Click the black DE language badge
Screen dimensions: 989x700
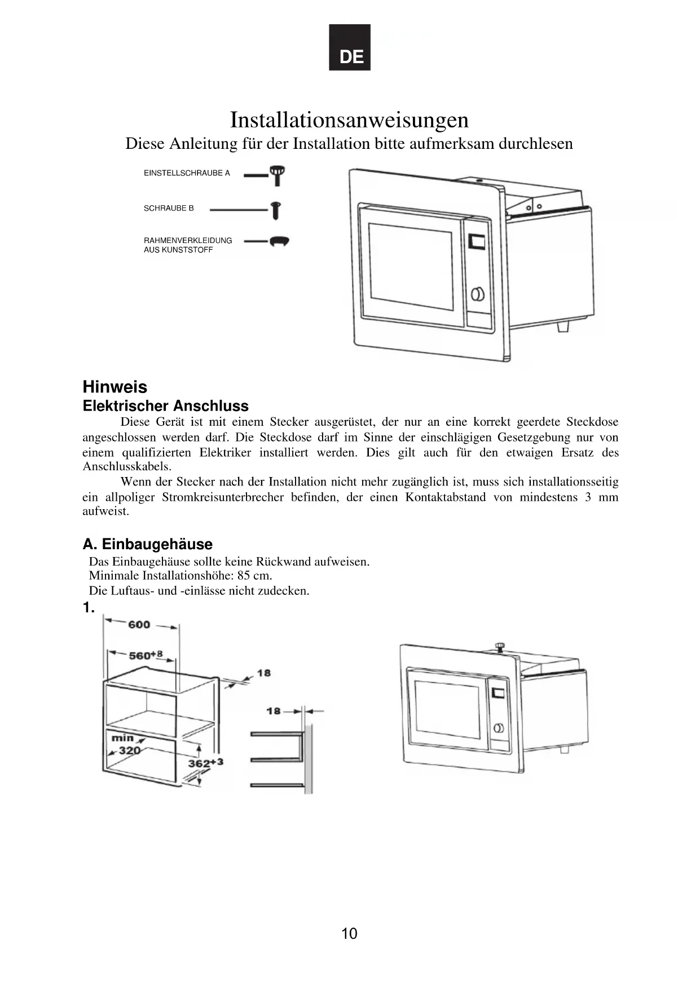click(350, 47)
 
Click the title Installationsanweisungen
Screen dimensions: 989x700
click(349, 120)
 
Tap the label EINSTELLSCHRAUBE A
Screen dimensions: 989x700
click(187, 173)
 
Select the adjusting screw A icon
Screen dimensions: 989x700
click(277, 174)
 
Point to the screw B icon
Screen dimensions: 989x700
click(275, 210)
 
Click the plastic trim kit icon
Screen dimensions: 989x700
click(279, 241)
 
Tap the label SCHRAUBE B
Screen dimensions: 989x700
click(169, 208)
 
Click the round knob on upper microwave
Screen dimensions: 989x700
click(478, 294)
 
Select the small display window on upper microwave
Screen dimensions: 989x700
click(477, 241)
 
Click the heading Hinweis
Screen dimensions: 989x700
click(115, 387)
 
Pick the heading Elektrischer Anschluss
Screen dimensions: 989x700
click(165, 406)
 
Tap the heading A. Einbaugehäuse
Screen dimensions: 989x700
click(147, 544)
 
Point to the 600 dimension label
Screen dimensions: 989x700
click(139, 624)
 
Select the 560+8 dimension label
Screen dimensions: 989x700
click(146, 655)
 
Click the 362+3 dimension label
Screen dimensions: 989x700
click(205, 763)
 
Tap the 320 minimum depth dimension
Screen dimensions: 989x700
click(129, 750)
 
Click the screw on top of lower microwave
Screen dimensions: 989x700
click(499, 646)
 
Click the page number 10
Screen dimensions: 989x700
click(349, 934)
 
